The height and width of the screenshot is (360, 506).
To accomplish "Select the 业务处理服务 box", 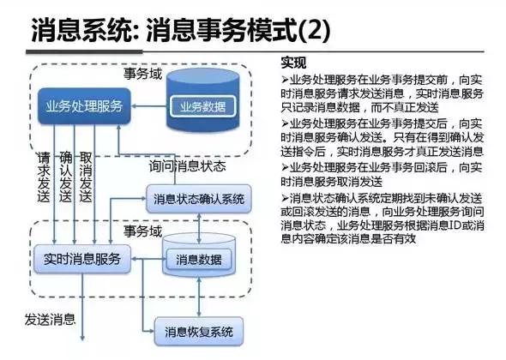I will (x=84, y=109).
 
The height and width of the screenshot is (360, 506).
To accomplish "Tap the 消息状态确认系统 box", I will (x=199, y=199).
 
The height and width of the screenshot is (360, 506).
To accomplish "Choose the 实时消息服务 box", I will (x=81, y=257).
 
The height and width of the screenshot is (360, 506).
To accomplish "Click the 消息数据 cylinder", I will (x=199, y=258).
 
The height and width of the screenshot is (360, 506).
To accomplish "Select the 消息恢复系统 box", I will (x=198, y=330).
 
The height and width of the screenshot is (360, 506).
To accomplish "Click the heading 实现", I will (x=292, y=63).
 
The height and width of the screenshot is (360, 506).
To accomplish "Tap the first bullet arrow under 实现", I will (x=285, y=79).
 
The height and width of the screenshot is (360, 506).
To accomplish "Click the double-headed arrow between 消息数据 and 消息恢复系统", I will (x=199, y=297).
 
